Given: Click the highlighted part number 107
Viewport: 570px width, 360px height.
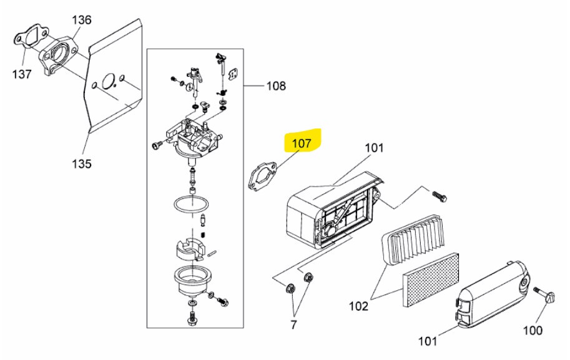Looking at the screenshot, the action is [x=302, y=143].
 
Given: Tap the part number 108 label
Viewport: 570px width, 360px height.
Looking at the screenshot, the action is [x=277, y=86].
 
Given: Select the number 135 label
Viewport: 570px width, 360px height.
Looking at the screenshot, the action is [x=81, y=163].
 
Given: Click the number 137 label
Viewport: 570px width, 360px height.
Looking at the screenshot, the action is [x=22, y=74].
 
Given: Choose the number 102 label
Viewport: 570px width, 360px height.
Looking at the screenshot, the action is [x=359, y=306].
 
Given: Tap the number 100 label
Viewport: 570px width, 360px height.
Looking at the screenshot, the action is [x=533, y=331].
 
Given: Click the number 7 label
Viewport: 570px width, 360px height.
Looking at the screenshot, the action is [x=293, y=325].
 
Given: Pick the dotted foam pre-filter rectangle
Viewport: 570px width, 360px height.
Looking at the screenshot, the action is [x=430, y=280].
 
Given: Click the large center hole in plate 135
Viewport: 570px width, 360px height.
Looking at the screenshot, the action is [x=109, y=80].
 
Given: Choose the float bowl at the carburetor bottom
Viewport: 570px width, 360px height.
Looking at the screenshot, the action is [x=190, y=279].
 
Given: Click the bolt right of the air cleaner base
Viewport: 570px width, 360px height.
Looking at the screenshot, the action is [x=439, y=197].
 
